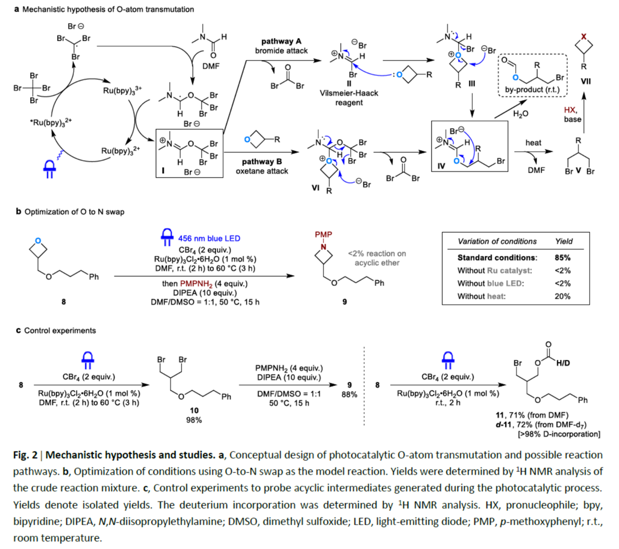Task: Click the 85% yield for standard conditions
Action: (562, 257)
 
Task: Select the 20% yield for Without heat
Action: (562, 296)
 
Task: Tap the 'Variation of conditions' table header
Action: (497, 241)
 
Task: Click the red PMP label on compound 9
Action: (323, 235)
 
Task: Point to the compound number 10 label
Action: (194, 410)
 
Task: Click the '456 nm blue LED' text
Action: (209, 238)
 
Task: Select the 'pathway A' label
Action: (281, 41)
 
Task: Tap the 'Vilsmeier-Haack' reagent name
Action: (349, 93)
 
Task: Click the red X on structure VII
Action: (584, 37)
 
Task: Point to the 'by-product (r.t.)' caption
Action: (532, 90)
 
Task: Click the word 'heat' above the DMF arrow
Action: (533, 143)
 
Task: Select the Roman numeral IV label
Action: (441, 166)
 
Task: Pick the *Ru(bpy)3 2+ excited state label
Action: (51, 122)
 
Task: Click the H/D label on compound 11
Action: (562, 363)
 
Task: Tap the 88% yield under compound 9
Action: (349, 394)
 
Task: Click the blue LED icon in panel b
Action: (167, 236)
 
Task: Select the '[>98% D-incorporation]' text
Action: (559, 434)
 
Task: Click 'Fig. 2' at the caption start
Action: (25, 455)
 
